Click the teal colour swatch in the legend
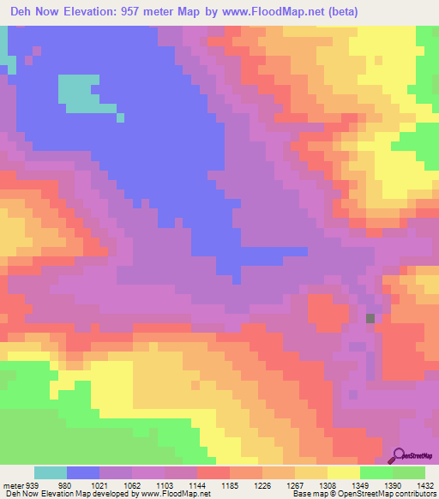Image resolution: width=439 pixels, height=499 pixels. pos(51,472)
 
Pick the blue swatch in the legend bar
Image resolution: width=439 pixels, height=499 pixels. pos(83,472)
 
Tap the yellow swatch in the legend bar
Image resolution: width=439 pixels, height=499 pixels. pos(343,472)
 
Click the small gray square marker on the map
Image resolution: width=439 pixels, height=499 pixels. pos(370,318)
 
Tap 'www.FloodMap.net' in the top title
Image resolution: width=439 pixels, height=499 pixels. pos(271,12)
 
